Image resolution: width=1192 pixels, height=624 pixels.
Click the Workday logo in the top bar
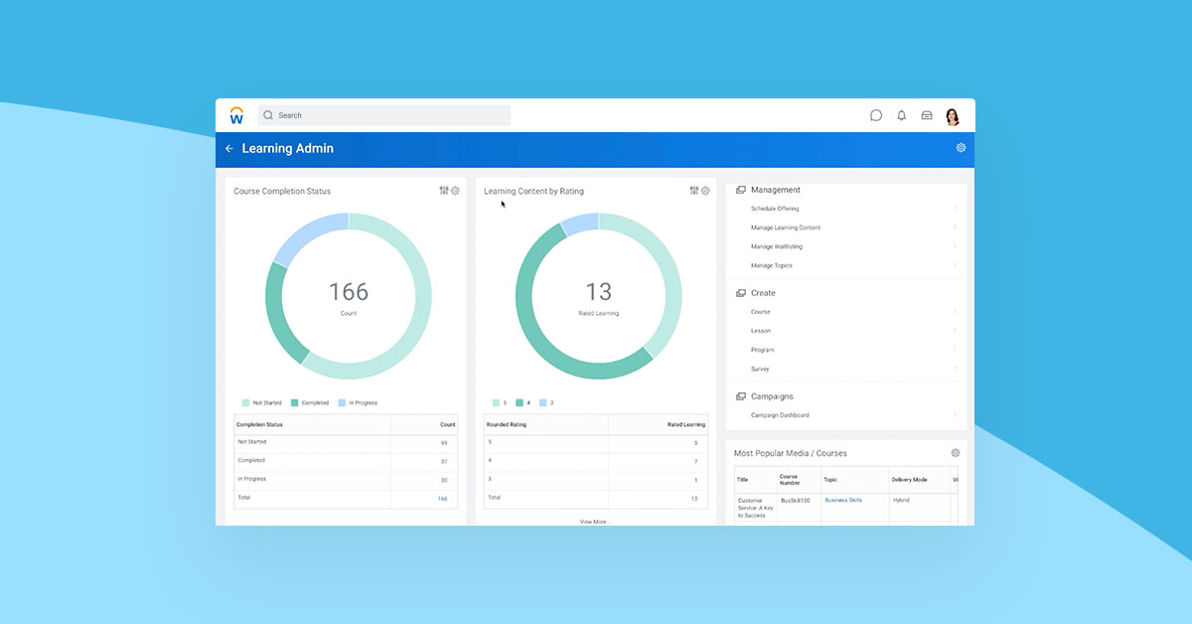tap(236, 115)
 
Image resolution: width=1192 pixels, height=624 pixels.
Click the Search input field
tap(383, 115)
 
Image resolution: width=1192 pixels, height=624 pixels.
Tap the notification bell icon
tap(902, 115)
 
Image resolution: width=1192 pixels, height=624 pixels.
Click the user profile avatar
tap(953, 116)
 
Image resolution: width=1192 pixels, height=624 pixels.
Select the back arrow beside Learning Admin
tap(229, 149)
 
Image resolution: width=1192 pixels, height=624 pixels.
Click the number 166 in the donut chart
tap(349, 292)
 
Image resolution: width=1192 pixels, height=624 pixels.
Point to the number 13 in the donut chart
tap(599, 292)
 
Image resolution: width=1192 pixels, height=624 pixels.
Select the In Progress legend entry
tap(358, 402)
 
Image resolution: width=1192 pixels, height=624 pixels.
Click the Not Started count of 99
tap(444, 443)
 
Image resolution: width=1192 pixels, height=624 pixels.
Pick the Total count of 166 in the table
tap(442, 499)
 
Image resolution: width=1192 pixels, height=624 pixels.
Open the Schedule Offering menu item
tap(775, 209)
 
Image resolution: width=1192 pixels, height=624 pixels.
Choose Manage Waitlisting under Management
tap(777, 246)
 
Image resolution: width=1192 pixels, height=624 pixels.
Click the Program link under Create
tap(763, 350)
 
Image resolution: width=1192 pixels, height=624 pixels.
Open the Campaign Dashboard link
tap(780, 415)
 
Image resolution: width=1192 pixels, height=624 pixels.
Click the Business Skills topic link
tap(843, 500)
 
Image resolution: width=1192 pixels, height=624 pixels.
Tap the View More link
tap(593, 521)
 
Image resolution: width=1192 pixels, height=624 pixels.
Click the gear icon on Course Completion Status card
tap(456, 191)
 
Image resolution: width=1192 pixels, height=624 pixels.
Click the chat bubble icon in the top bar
tap(876, 115)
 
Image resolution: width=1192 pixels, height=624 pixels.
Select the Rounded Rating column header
tap(507, 424)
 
